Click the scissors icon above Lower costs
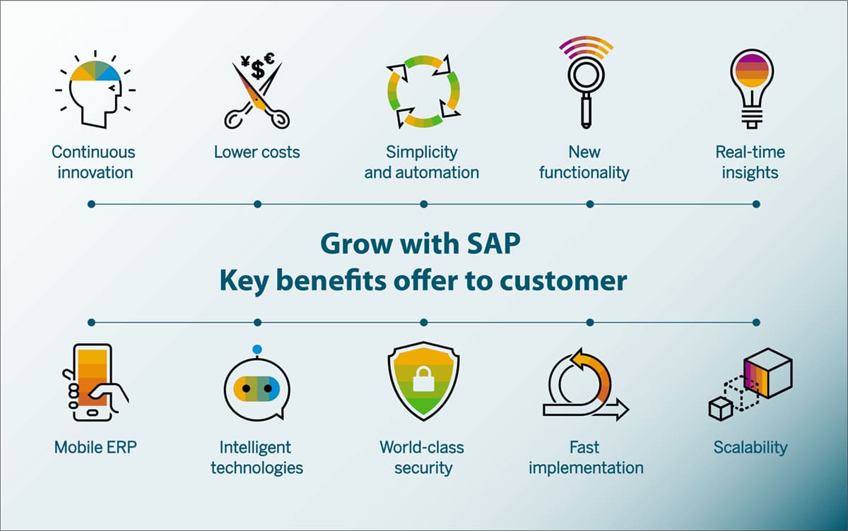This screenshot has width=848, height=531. pyautogui.click(x=257, y=97)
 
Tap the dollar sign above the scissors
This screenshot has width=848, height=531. pyautogui.click(x=258, y=69)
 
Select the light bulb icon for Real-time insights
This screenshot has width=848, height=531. pyautogui.click(x=752, y=89)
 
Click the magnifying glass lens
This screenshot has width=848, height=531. pyautogui.click(x=586, y=75)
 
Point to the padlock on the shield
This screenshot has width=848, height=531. pyautogui.click(x=423, y=379)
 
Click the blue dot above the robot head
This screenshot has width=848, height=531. pyautogui.click(x=257, y=350)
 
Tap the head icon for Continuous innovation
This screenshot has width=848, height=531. pyautogui.click(x=95, y=90)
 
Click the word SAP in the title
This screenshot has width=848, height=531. pyautogui.click(x=494, y=244)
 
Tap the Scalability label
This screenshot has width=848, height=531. pyautogui.click(x=750, y=448)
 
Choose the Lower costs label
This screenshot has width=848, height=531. pyautogui.click(x=257, y=152)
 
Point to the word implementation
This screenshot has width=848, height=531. pyautogui.click(x=586, y=468)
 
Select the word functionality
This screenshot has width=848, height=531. pyautogui.click(x=584, y=173)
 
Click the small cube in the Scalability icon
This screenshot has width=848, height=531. pyautogui.click(x=721, y=409)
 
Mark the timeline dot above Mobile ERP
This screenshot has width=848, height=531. pyautogui.click(x=91, y=322)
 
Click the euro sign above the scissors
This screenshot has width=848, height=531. pyautogui.click(x=269, y=58)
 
